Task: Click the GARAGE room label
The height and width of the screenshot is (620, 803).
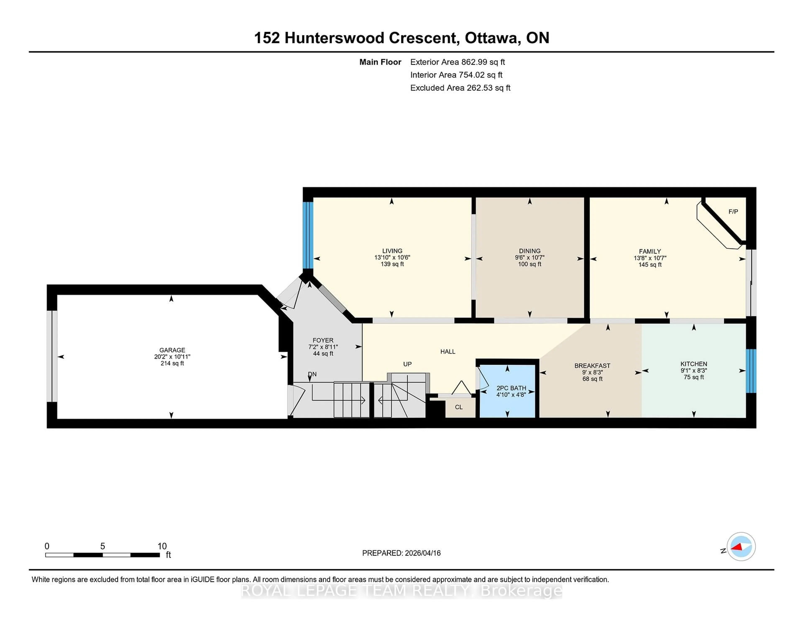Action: click(x=172, y=350)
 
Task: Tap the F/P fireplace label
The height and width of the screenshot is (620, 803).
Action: click(x=733, y=212)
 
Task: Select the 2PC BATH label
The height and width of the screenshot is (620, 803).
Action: click(x=511, y=388)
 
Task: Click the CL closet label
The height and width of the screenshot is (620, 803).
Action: click(x=459, y=407)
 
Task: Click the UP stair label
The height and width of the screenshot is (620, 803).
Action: click(x=407, y=364)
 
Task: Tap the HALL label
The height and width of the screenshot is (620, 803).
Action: click(x=448, y=352)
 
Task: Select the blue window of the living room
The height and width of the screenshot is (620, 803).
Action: click(x=308, y=235)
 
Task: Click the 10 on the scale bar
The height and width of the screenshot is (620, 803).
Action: click(x=162, y=546)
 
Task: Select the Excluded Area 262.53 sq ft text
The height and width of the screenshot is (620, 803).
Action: click(x=460, y=88)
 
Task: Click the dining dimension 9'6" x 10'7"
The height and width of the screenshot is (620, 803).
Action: click(x=529, y=258)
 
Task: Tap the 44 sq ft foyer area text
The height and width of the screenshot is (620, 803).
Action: click(x=323, y=354)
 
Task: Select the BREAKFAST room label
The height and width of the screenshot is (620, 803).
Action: click(x=592, y=366)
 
